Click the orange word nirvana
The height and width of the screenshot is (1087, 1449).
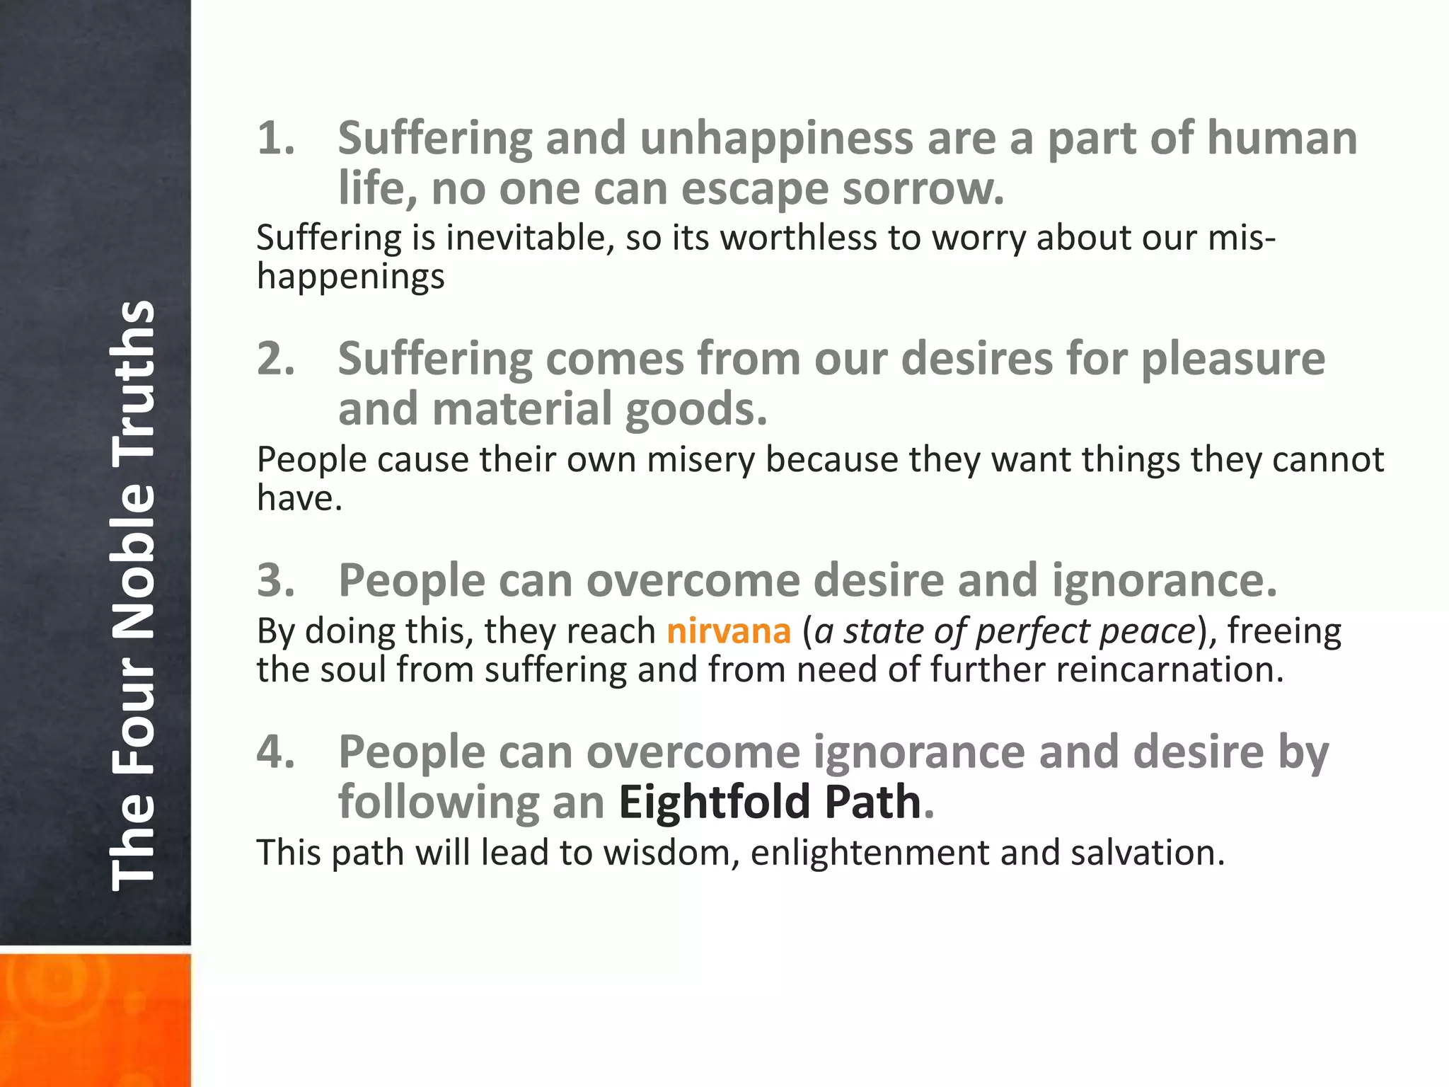[x=728, y=631]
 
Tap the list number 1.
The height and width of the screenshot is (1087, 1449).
[x=275, y=138]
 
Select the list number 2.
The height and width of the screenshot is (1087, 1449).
[x=275, y=359]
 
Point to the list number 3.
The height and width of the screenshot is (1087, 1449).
[x=275, y=580]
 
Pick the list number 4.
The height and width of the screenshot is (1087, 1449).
[x=275, y=752]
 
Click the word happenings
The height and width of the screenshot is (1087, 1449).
[x=351, y=277]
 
